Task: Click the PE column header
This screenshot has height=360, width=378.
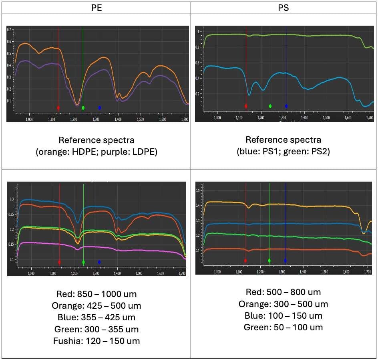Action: (x=97, y=8)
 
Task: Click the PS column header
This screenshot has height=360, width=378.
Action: (x=283, y=8)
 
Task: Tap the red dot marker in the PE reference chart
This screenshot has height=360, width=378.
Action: (x=58, y=108)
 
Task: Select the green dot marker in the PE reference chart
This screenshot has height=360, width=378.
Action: (x=83, y=108)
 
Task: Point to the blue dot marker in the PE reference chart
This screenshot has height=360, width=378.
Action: (x=100, y=107)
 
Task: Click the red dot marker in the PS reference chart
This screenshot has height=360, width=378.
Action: (x=246, y=106)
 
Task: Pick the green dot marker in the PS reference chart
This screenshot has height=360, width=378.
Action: (x=270, y=106)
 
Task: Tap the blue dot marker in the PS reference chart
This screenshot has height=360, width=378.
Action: (x=286, y=106)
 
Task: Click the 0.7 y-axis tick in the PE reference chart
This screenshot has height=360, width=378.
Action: (x=10, y=30)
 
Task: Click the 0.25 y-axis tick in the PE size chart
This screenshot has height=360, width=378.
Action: (x=12, y=214)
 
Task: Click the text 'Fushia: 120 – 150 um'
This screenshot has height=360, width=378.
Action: (x=97, y=341)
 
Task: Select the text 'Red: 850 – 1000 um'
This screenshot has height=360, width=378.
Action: (x=97, y=294)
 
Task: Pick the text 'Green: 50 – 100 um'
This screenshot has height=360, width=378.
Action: (x=283, y=328)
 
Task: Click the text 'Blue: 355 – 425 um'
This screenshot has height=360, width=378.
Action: (x=97, y=318)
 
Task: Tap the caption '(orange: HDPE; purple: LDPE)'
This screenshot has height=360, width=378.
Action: (x=97, y=152)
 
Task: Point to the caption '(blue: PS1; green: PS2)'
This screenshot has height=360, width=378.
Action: (x=283, y=152)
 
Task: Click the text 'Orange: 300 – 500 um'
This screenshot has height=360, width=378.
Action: (x=283, y=304)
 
